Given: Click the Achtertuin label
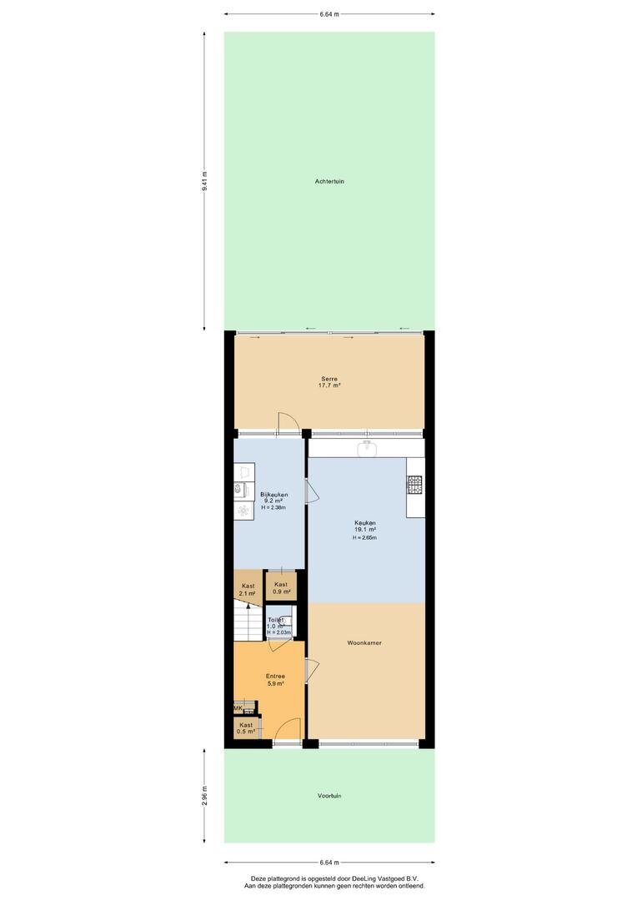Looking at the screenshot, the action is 329,182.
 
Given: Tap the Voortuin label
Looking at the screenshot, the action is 329,796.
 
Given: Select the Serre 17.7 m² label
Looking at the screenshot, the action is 329,382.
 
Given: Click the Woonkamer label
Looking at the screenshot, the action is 364,643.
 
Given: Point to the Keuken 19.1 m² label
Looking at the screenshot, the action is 364,526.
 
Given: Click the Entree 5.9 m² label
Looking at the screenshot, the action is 275,680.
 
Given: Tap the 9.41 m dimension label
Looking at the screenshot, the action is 204,181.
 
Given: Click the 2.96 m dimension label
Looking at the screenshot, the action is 204,796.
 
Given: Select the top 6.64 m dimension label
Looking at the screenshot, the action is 329,14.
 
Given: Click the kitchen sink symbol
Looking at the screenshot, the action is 365,448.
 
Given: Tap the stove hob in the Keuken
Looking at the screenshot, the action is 414,485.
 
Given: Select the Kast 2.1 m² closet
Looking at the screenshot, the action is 247,586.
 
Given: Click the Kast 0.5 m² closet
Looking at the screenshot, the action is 246,728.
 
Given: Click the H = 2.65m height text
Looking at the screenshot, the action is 364,538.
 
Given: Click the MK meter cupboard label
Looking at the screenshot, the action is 238,708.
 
